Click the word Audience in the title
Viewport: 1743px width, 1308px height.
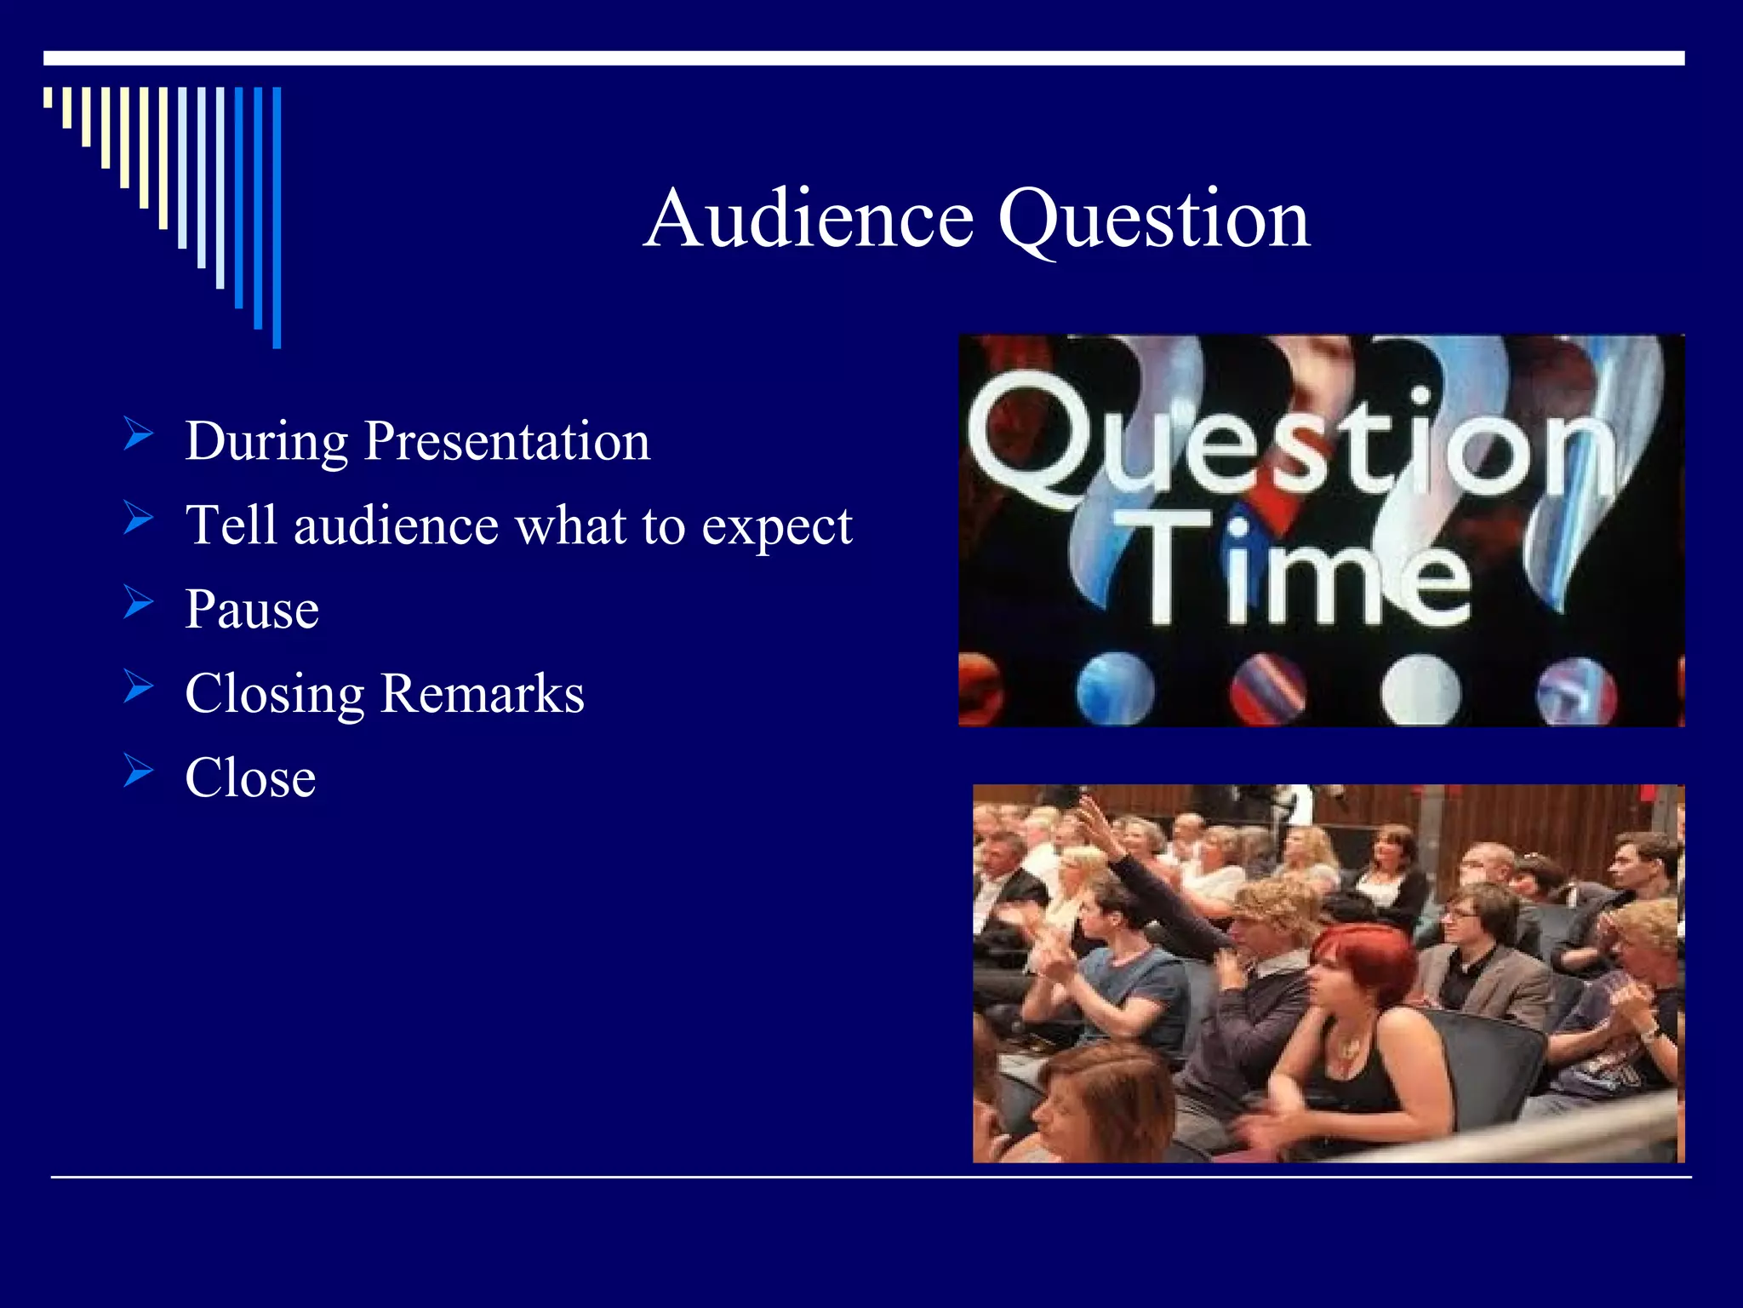[x=809, y=220]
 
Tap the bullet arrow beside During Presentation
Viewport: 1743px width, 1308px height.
[x=138, y=433]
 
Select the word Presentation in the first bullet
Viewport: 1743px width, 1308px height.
[x=506, y=442]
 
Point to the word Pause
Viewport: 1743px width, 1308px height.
[x=252, y=610]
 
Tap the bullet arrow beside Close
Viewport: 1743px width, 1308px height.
[x=138, y=770]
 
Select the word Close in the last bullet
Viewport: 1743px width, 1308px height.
[x=250, y=777]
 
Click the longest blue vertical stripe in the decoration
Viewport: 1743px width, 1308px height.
[x=277, y=217]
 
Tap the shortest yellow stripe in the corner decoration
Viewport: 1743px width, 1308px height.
[x=48, y=97]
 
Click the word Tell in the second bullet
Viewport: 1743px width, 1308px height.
[x=231, y=525]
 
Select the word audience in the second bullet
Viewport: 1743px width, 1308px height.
[x=396, y=525]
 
